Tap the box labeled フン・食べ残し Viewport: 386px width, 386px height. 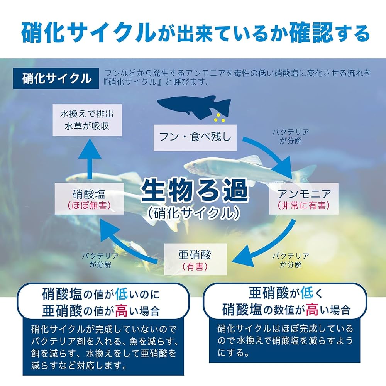(195, 137)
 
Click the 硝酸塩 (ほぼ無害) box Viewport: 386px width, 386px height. (89, 198)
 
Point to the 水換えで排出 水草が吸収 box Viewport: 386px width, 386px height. (87, 120)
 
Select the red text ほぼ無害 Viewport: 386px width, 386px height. (89, 206)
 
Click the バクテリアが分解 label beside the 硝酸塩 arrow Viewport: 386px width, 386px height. (100, 260)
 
